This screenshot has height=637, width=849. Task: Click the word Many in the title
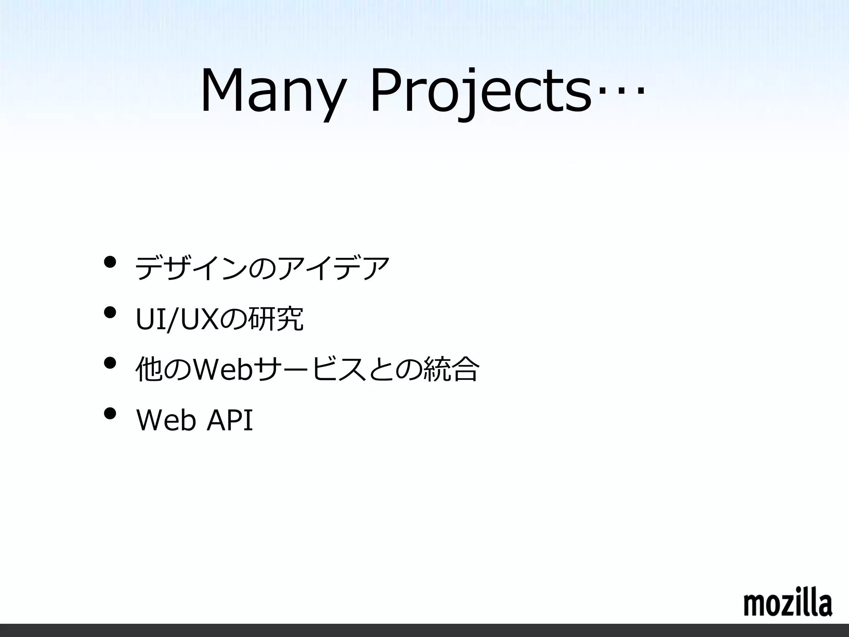272,92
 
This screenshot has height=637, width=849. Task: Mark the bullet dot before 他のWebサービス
110,363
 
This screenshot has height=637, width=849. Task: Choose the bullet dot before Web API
110,414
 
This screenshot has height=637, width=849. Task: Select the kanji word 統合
451,369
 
